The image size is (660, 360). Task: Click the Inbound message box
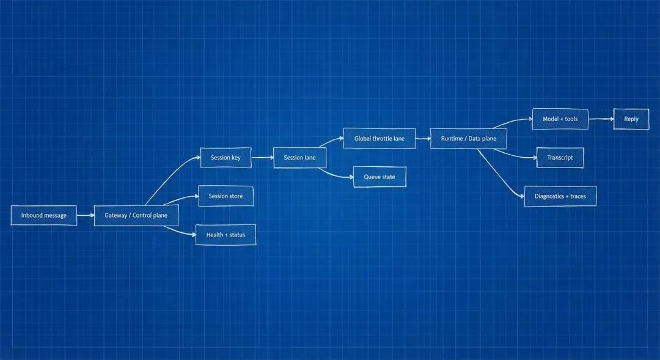click(44, 215)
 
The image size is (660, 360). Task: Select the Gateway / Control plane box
click(136, 215)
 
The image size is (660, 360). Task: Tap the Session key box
click(226, 158)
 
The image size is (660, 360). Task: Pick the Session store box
click(226, 196)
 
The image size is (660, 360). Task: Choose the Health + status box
click(226, 235)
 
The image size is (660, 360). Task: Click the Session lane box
click(299, 158)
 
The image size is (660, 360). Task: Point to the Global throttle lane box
click(379, 139)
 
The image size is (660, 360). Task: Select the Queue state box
click(380, 177)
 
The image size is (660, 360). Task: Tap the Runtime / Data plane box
click(469, 139)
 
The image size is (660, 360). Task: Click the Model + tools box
click(560, 119)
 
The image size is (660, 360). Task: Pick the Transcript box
click(560, 158)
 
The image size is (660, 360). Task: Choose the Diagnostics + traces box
click(560, 196)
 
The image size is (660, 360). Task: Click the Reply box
click(631, 119)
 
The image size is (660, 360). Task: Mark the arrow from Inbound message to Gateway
click(86, 215)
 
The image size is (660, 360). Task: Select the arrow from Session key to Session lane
click(262, 158)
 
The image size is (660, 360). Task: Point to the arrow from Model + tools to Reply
click(601, 119)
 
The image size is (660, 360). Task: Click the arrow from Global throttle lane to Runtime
click(423, 139)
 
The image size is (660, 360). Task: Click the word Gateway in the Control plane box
click(116, 215)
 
